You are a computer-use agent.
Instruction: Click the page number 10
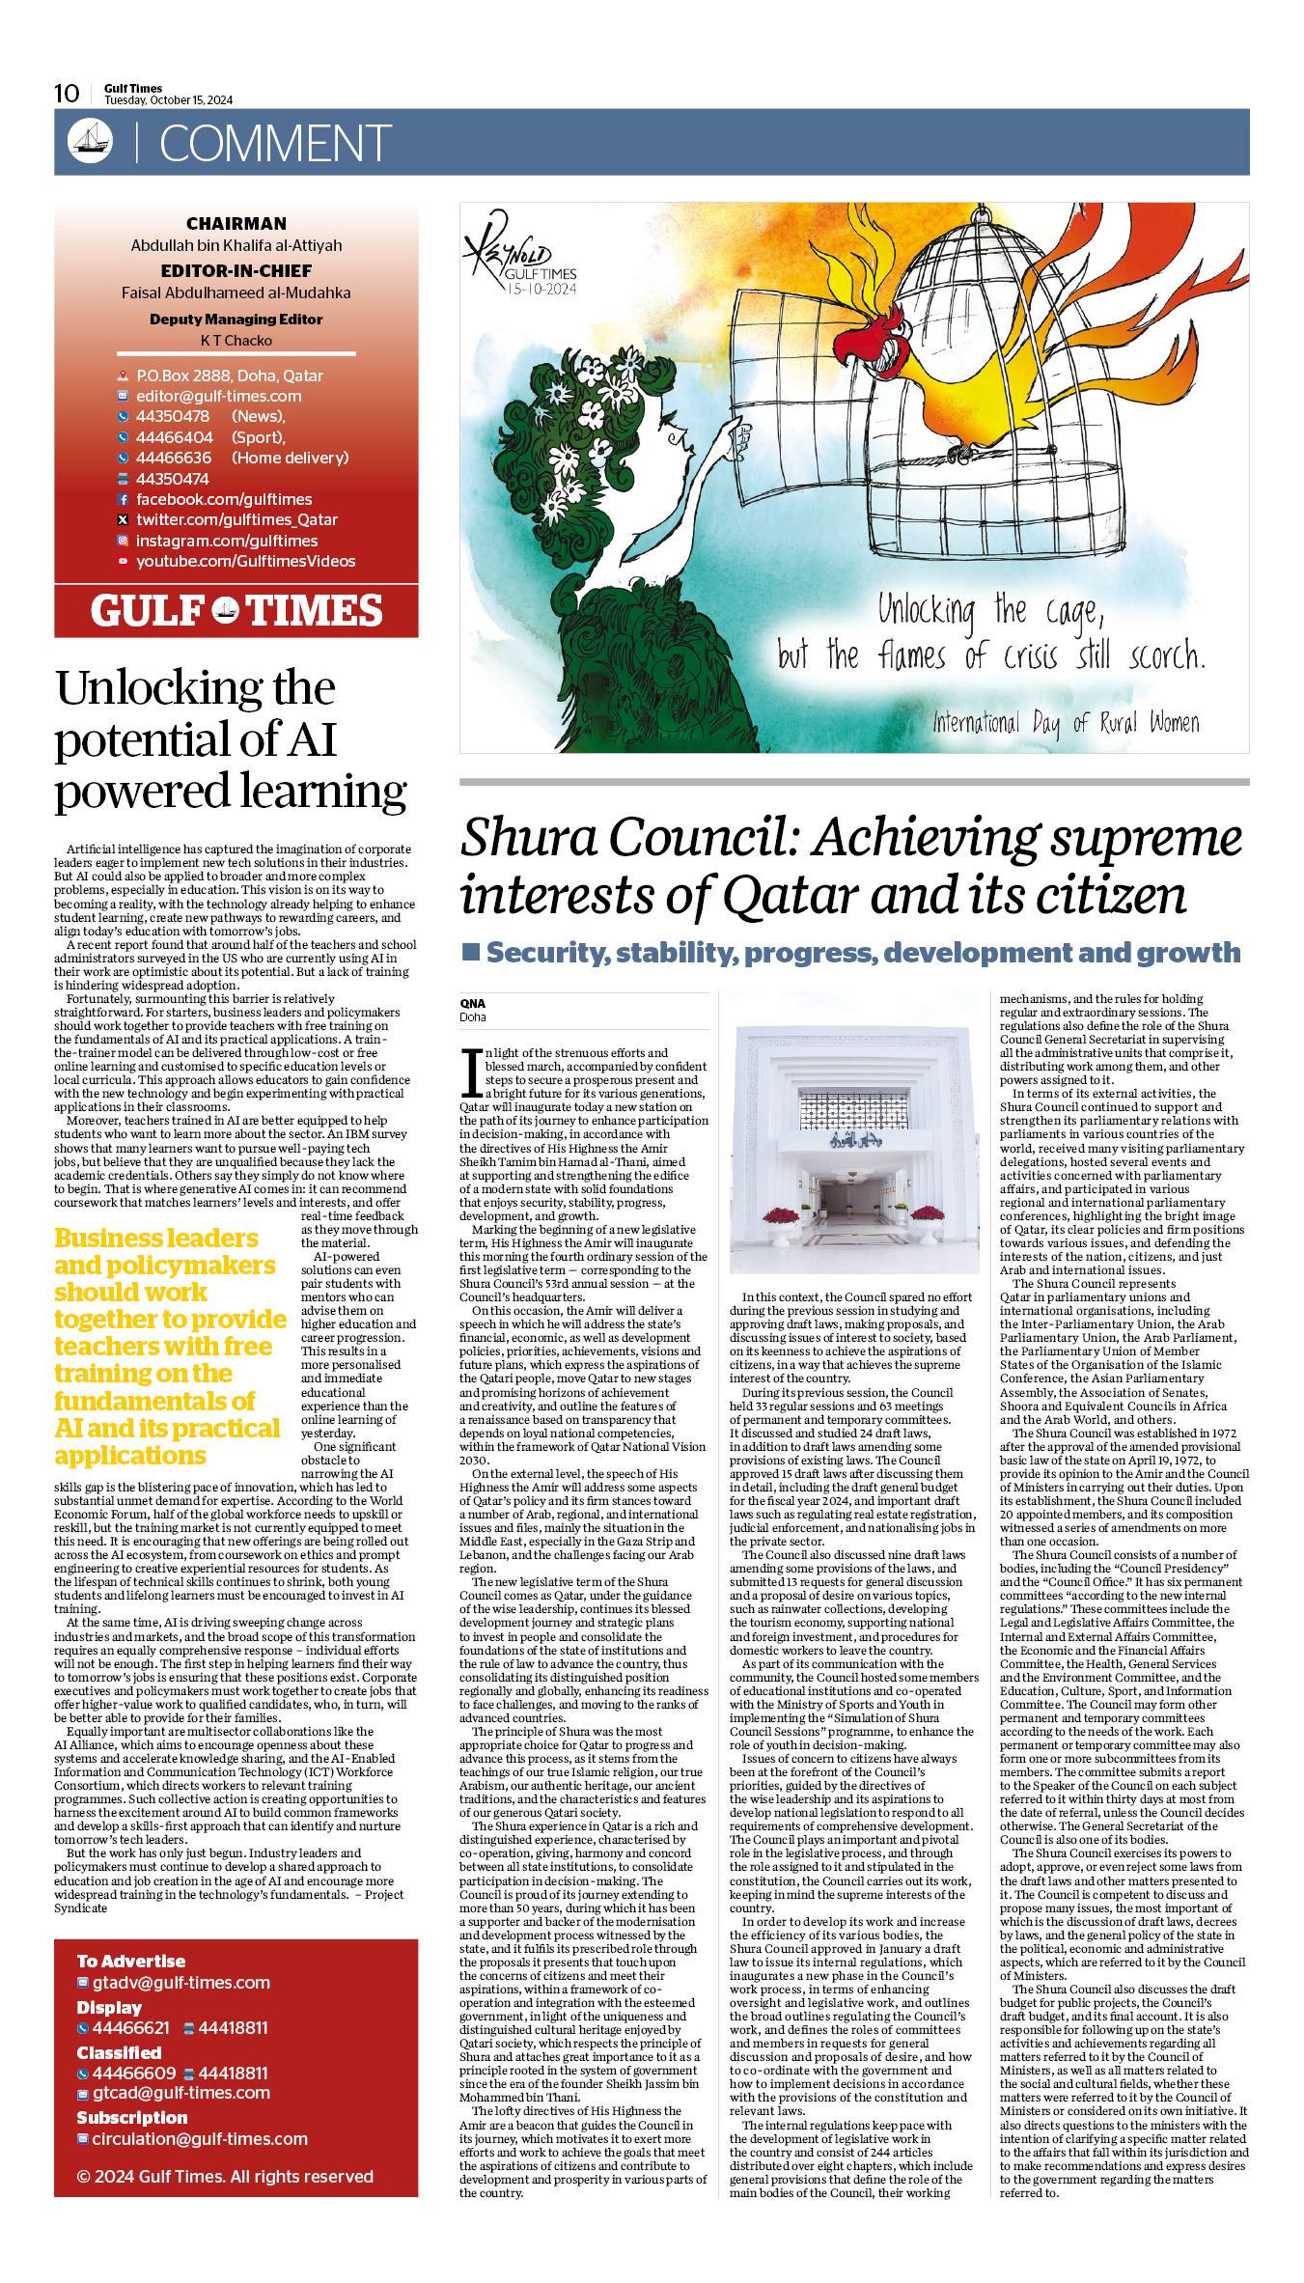[67, 94]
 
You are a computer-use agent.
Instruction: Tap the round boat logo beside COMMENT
[90, 142]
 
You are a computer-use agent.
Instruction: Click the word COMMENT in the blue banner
[275, 144]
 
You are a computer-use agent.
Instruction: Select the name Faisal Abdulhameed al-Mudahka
[236, 292]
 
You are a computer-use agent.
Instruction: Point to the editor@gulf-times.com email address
[218, 396]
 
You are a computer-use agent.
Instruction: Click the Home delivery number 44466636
[173, 458]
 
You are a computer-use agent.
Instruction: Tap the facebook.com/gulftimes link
[224, 499]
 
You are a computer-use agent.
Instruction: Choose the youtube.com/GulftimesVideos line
[245, 561]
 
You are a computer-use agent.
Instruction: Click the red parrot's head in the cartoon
[878, 343]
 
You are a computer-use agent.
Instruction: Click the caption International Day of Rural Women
[1066, 722]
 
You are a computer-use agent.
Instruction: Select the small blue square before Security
[471, 952]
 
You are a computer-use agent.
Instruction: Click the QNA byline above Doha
[472, 1003]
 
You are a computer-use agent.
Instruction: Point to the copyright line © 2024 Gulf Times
[224, 2176]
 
